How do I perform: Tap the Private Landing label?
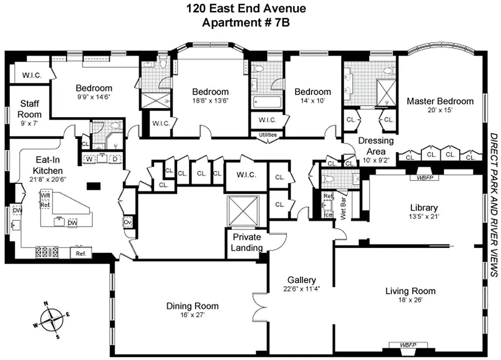click(x=247, y=242)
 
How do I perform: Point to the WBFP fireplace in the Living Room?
click(x=408, y=345)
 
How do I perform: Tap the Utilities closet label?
click(x=268, y=135)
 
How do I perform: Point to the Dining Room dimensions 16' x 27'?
click(x=192, y=315)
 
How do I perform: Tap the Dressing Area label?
click(x=376, y=146)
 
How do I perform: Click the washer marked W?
click(x=89, y=158)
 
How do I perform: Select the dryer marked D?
click(x=115, y=158)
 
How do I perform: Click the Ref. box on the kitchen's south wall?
click(x=81, y=253)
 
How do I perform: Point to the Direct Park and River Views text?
click(x=493, y=204)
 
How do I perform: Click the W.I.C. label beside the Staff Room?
click(x=32, y=75)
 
